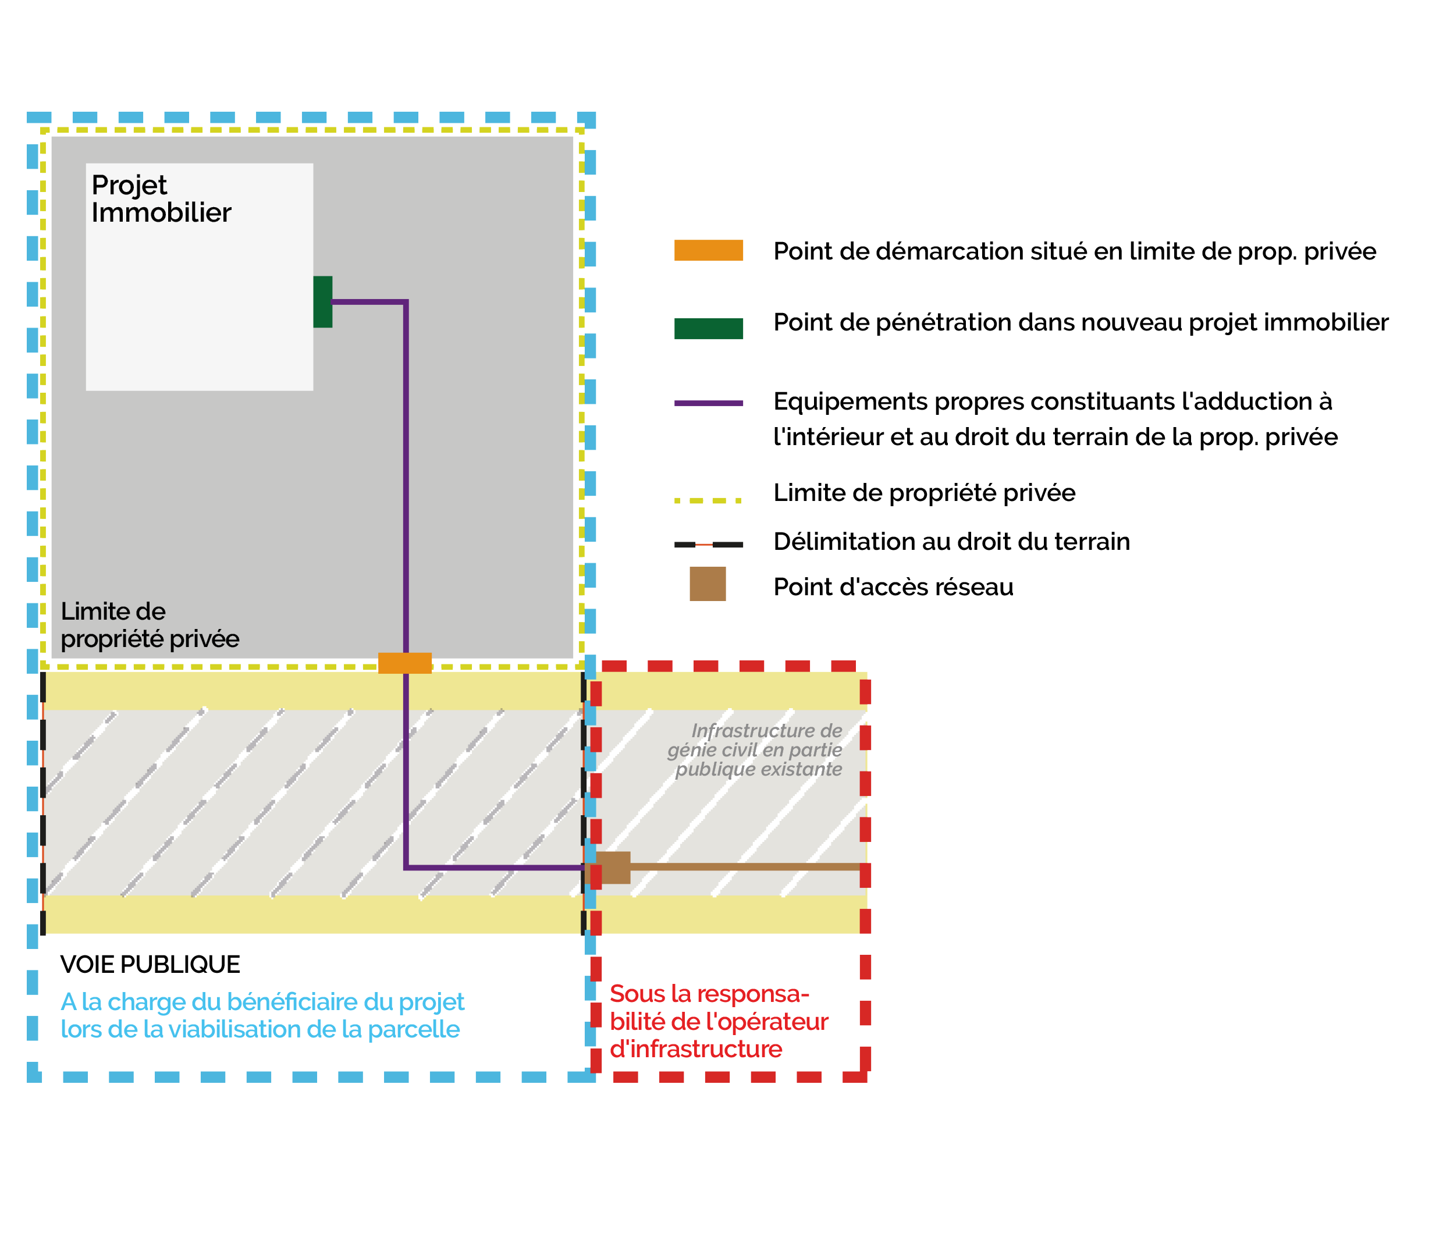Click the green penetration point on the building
click(322, 301)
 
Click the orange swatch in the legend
click(708, 250)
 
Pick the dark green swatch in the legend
click(708, 328)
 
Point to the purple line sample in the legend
click(708, 403)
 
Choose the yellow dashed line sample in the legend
click(708, 500)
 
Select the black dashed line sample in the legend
click(708, 544)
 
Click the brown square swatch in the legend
click(708, 584)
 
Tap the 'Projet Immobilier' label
click(161, 198)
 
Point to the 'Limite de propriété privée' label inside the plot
click(150, 625)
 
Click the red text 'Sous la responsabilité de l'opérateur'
click(718, 1021)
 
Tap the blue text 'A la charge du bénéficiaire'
click(262, 1015)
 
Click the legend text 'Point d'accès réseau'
click(893, 587)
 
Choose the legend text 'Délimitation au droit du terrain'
click(951, 541)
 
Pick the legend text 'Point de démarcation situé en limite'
click(1075, 251)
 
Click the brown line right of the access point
click(745, 867)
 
